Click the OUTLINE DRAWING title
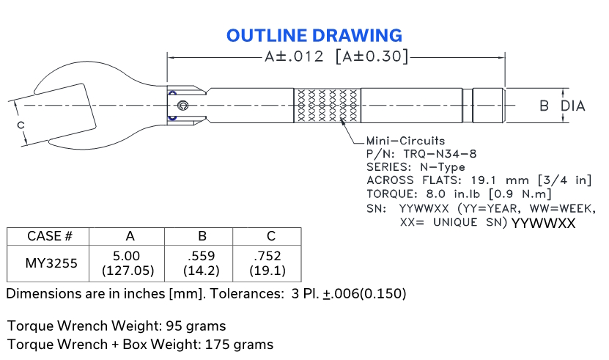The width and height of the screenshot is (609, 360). (x=314, y=35)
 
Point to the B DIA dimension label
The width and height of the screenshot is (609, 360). (x=562, y=106)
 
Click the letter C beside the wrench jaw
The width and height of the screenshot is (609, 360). (x=21, y=125)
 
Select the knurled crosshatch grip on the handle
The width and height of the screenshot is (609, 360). (x=327, y=106)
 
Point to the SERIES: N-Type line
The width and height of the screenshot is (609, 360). (x=416, y=167)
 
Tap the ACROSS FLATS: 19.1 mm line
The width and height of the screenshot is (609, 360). (x=479, y=180)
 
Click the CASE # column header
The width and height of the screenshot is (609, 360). (x=48, y=236)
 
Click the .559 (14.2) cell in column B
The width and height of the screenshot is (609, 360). (x=199, y=263)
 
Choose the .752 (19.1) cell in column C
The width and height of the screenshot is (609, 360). (x=267, y=263)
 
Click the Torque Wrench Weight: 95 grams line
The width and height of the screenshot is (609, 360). (x=117, y=325)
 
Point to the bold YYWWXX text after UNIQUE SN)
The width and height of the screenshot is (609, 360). (x=542, y=224)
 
